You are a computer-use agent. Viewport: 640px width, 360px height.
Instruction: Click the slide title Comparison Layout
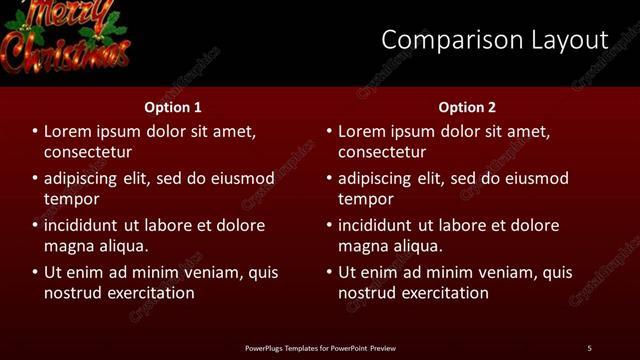click(x=494, y=40)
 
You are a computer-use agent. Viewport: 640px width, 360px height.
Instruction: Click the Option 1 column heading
click(x=173, y=107)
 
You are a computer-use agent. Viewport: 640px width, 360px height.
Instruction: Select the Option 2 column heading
click(x=467, y=107)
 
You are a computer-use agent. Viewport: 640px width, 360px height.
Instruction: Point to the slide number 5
click(x=589, y=348)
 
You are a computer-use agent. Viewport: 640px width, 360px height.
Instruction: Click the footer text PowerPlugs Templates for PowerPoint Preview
click(x=320, y=348)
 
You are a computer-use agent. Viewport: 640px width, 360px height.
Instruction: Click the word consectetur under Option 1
click(x=88, y=152)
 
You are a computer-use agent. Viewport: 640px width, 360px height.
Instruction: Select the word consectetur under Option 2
click(x=382, y=152)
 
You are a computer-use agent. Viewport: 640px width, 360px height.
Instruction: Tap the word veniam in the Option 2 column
click(x=508, y=272)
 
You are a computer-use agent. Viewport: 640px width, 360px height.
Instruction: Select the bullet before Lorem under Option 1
click(x=35, y=132)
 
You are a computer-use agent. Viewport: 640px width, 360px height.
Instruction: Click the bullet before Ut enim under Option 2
click(x=329, y=272)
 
